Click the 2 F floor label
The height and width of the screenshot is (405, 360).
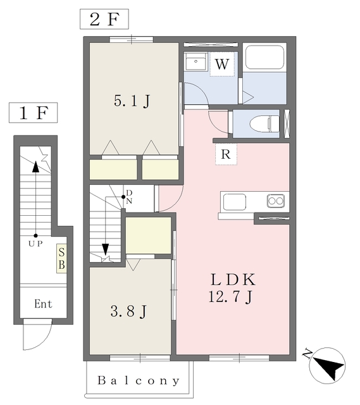coord(104,18)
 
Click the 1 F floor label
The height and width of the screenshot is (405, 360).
coord(33,114)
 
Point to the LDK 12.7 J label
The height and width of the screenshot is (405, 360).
coord(232,287)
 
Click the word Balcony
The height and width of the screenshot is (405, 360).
coord(139,382)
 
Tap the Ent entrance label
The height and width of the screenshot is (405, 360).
coord(43,304)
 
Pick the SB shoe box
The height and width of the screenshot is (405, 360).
coord(62,258)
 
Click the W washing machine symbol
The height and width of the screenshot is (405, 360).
coord(221,64)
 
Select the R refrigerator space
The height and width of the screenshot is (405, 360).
coord(225,154)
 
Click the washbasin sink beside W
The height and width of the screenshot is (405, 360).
coord(196,63)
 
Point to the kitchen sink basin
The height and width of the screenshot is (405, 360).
coord(233,202)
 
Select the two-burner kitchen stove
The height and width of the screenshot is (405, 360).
coord(276,202)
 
